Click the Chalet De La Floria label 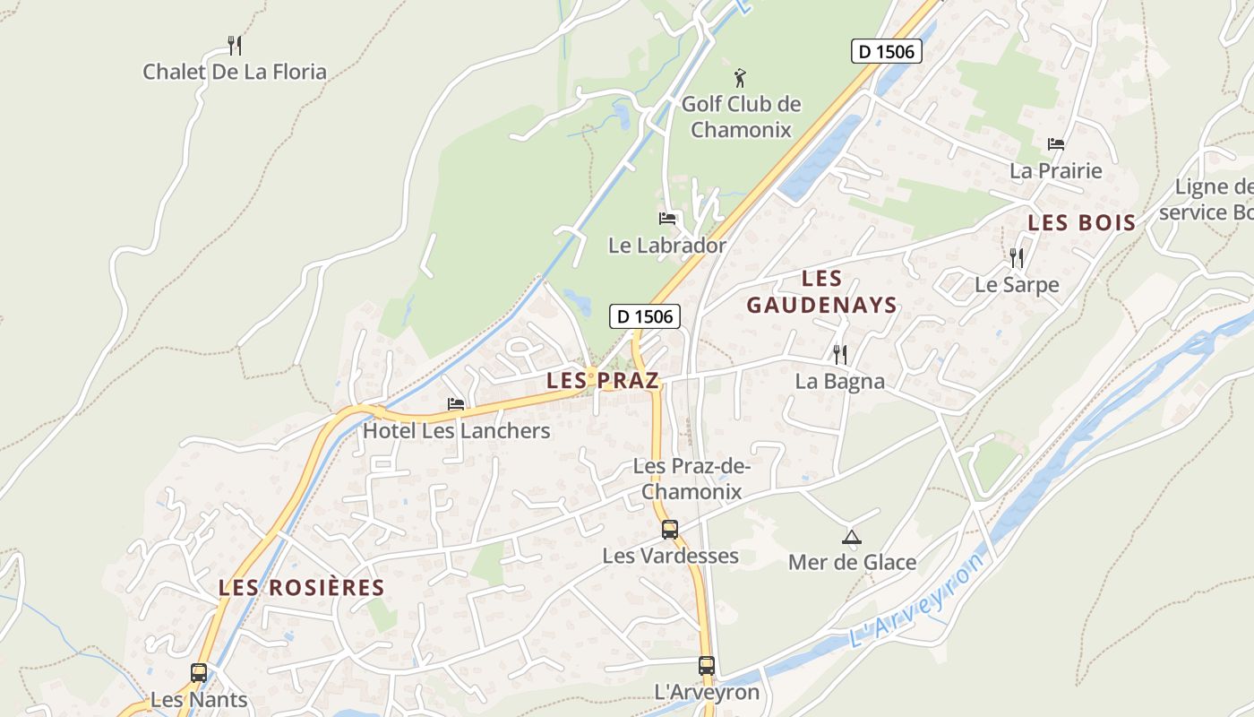(x=235, y=72)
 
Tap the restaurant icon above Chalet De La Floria (x=235, y=45)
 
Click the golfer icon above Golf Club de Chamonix (x=740, y=77)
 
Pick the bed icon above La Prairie (x=1056, y=143)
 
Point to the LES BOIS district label (x=1081, y=223)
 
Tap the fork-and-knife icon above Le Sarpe (x=1017, y=258)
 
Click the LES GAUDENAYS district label (x=822, y=292)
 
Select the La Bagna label (x=839, y=381)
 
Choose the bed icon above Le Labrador (x=667, y=218)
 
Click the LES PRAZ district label (x=603, y=380)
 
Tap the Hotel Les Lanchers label (x=456, y=430)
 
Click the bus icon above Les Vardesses (x=670, y=529)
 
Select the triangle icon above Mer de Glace (x=852, y=537)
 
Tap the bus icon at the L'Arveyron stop (x=707, y=666)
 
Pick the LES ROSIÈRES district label (x=302, y=588)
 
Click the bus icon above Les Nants (x=199, y=672)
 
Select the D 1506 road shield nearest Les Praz (x=645, y=315)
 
